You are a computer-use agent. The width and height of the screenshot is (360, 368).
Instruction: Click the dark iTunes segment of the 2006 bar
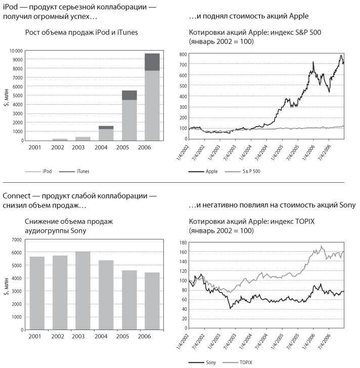point(152,62)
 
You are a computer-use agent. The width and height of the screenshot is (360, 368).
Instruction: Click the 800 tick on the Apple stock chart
point(184,51)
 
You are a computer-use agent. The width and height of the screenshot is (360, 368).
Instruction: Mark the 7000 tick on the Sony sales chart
point(17,239)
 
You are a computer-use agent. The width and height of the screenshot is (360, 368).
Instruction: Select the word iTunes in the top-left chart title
point(128,33)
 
